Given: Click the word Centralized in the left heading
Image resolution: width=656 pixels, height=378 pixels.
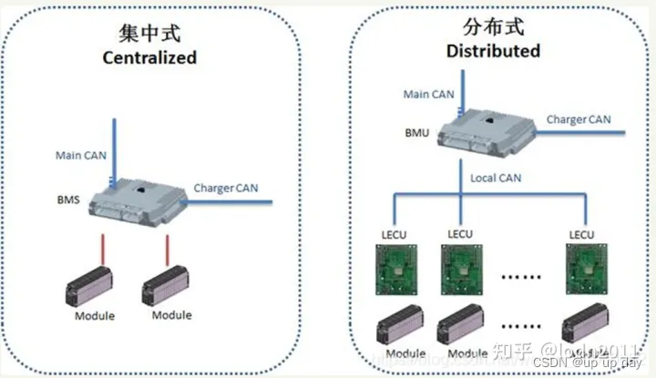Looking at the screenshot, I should [x=149, y=57].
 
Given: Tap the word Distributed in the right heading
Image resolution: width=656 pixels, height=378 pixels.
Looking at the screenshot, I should [x=493, y=51].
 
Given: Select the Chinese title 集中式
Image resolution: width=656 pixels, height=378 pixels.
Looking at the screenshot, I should [x=149, y=35].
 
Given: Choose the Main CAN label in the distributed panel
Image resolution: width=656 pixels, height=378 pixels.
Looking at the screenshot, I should [x=429, y=93].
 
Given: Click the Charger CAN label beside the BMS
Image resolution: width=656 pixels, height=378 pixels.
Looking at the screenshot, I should [x=226, y=189].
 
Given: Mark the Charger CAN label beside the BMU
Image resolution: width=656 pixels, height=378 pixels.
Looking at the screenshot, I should [x=579, y=119].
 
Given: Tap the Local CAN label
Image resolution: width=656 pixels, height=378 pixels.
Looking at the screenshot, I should [x=496, y=178].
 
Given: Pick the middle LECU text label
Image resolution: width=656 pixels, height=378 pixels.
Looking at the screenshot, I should [x=458, y=234].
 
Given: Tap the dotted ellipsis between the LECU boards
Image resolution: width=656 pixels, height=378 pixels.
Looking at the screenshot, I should [x=519, y=271].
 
